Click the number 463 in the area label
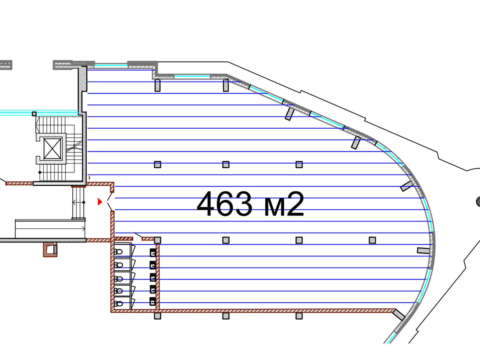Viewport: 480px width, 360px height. pyautogui.click(x=225, y=204)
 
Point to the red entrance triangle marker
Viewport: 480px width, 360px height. pyautogui.click(x=100, y=202)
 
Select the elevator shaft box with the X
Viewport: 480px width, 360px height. pyautogui.click(x=52, y=148)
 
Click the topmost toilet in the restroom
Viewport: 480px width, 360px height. pyautogui.click(x=118, y=252)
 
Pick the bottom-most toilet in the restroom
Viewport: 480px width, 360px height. pyautogui.click(x=118, y=303)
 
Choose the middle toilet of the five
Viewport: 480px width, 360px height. pyautogui.click(x=118, y=278)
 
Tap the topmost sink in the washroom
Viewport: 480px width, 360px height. pyautogui.click(x=153, y=253)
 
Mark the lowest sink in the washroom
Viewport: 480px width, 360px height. pyautogui.click(x=153, y=301)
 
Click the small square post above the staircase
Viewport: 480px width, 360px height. pyautogui.click(x=34, y=114)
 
